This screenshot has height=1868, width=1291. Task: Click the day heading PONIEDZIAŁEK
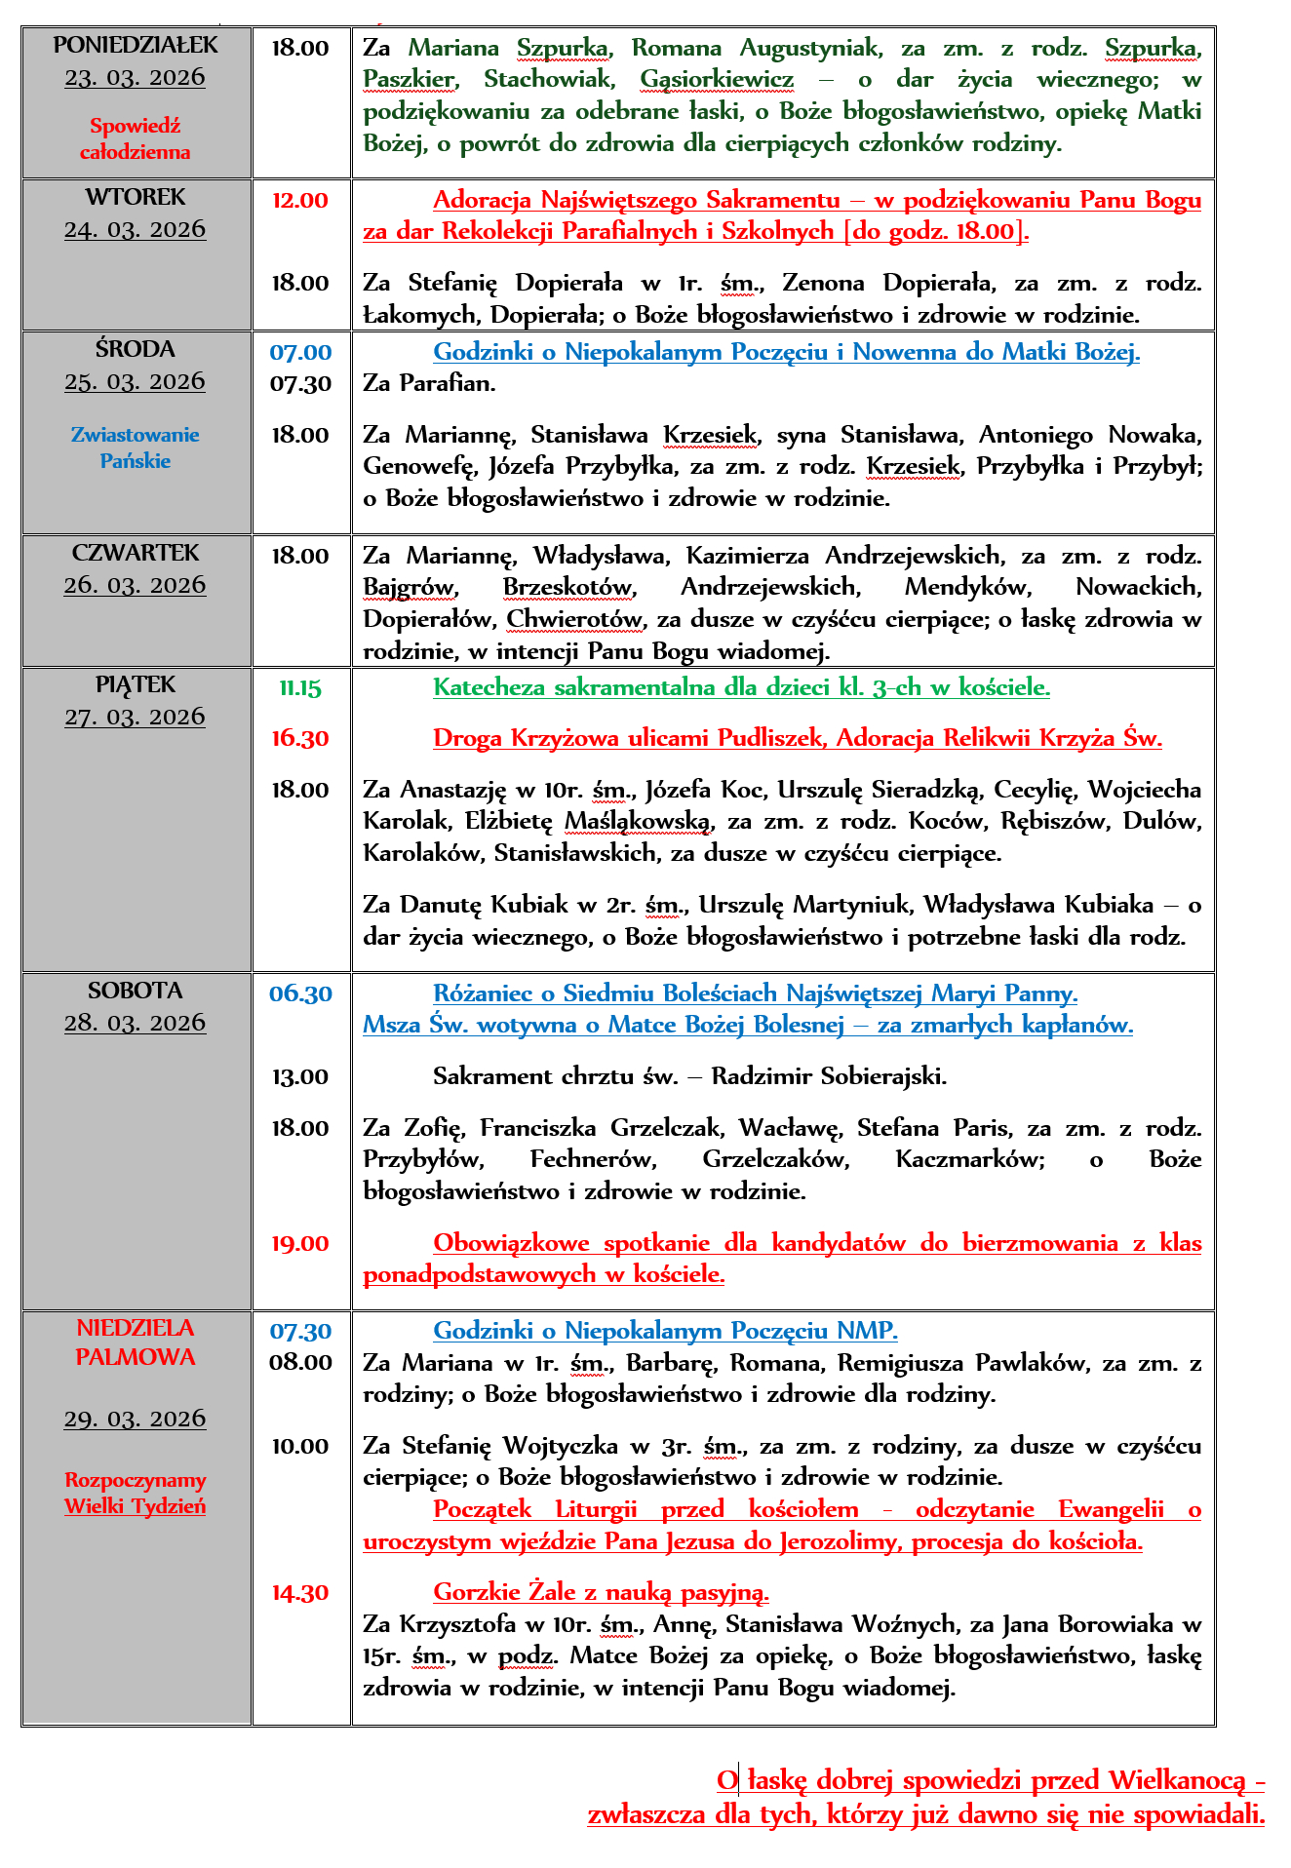[x=136, y=45]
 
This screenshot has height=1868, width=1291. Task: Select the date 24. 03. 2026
[x=136, y=229]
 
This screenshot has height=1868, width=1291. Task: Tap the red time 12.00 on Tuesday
[x=300, y=201]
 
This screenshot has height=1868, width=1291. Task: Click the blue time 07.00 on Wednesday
[x=300, y=353]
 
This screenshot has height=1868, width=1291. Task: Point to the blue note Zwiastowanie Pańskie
[x=136, y=448]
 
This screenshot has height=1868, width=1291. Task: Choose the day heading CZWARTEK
[x=136, y=553]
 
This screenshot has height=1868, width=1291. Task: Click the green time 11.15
[x=300, y=688]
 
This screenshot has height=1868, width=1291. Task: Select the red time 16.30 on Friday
[x=300, y=739]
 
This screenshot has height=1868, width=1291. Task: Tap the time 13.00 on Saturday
[x=300, y=1077]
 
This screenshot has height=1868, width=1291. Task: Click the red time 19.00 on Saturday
[x=300, y=1244]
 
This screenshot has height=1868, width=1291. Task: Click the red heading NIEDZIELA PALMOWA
[x=136, y=1343]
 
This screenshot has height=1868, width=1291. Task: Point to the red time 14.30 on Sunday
[x=300, y=1593]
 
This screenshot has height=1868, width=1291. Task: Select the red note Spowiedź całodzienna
[x=136, y=138]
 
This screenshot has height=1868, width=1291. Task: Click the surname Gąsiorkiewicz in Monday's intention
[x=717, y=79]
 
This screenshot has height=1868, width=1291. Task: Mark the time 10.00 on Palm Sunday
[x=300, y=1447]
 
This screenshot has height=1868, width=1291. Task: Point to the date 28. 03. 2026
[x=136, y=1023]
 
